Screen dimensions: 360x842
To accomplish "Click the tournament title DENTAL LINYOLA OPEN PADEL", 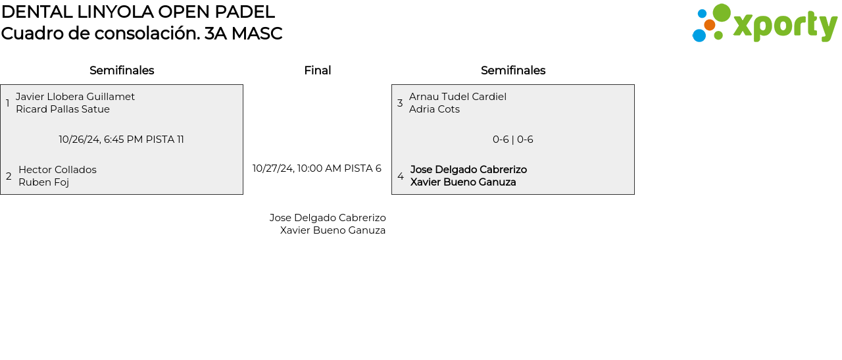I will tap(137, 12).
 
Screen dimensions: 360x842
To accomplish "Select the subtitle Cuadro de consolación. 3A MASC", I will tap(141, 34).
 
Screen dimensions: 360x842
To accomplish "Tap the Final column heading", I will tap(317, 70).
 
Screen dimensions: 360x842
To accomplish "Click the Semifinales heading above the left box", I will tap(122, 70).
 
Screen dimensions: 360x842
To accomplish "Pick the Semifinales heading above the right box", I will tap(513, 70).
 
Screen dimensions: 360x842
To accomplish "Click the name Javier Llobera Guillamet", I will tap(75, 97).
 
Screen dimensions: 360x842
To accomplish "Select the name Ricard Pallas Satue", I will tap(62, 109).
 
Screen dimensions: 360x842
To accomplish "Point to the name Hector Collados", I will tap(57, 170).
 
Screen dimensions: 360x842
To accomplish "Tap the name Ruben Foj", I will tap(43, 182).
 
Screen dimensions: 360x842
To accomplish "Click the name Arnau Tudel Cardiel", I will tap(458, 97).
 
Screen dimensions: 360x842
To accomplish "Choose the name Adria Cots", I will tap(434, 109).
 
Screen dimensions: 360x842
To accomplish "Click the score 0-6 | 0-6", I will tap(513, 140).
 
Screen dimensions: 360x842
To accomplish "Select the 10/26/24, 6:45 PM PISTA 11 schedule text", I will tap(122, 140).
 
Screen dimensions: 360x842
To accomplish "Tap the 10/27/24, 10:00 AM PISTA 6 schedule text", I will tap(317, 168).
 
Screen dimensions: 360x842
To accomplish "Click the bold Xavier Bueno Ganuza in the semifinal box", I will tap(463, 182).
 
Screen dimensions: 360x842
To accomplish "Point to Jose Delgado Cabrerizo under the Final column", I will tap(328, 218).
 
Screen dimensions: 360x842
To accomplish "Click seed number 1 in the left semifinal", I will tap(8, 103).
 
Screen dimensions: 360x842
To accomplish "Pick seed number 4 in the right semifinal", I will tap(401, 176).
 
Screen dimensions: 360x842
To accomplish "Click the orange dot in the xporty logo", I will tap(710, 25).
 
